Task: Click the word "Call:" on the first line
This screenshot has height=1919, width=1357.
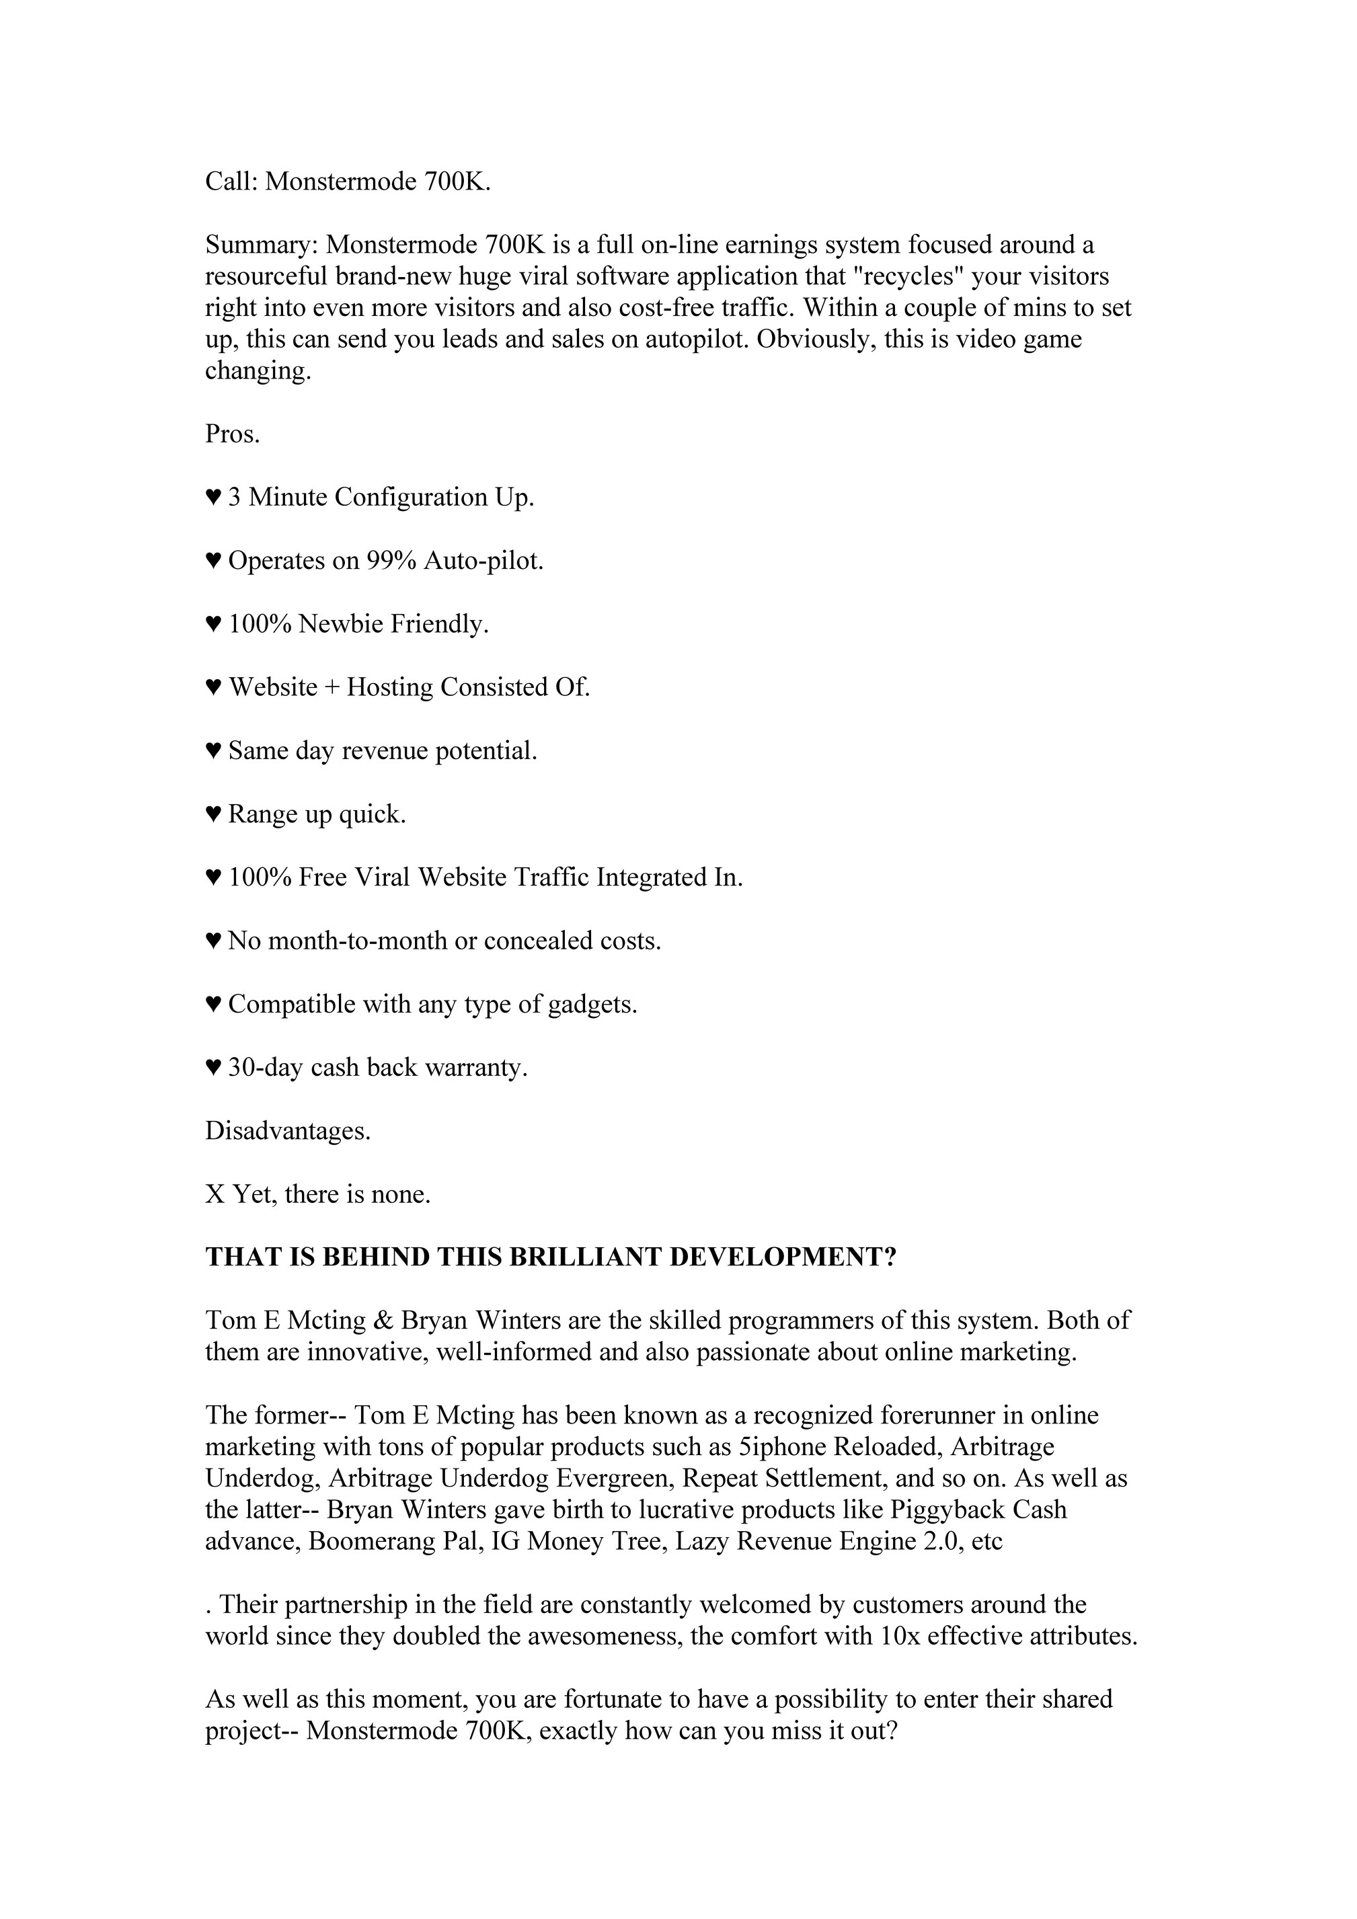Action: tap(231, 182)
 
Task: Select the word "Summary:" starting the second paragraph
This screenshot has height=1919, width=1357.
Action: tap(261, 245)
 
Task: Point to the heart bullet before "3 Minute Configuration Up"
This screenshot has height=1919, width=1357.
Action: tap(213, 498)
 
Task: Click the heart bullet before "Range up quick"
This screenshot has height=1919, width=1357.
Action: tap(213, 815)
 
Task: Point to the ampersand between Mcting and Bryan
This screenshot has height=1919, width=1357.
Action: tap(384, 1321)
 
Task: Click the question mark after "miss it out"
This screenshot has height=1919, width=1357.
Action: tap(890, 1730)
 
